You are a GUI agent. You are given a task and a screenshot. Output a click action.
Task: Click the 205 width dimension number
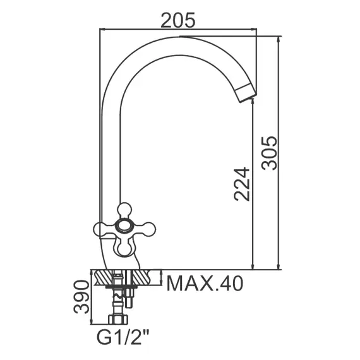click(178, 20)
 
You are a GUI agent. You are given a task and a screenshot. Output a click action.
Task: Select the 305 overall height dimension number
click(270, 153)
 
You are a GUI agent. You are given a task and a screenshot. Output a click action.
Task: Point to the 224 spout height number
click(241, 184)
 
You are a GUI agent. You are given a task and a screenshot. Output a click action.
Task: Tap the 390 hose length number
click(81, 297)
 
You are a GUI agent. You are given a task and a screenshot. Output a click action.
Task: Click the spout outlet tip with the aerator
click(246, 93)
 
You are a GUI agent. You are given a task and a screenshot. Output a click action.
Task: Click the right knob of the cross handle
click(148, 229)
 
